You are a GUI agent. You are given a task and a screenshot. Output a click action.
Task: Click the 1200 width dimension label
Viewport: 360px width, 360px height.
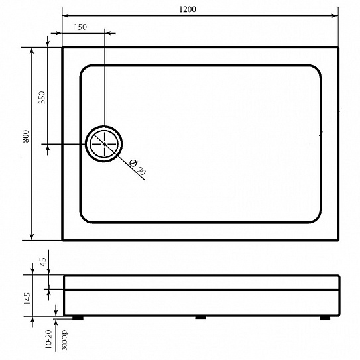click(188, 9)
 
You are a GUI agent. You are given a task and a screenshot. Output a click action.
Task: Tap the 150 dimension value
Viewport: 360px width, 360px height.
click(80, 27)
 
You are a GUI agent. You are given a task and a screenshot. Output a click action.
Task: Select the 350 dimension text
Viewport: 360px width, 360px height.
click(42, 97)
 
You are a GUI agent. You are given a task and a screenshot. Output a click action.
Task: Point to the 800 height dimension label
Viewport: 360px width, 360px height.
click(26, 136)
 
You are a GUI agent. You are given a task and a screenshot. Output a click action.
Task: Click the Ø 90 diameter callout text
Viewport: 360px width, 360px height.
click(137, 167)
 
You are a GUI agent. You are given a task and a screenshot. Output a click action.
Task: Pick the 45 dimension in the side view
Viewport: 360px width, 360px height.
click(43, 261)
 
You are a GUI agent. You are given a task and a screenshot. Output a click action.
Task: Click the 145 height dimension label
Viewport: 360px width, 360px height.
click(27, 298)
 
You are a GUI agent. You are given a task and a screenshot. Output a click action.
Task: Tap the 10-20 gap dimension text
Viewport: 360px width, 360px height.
click(48, 339)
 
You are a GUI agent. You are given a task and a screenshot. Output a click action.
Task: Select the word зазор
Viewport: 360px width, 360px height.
click(65, 340)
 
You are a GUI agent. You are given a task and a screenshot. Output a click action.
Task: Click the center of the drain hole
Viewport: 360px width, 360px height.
click(104, 144)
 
